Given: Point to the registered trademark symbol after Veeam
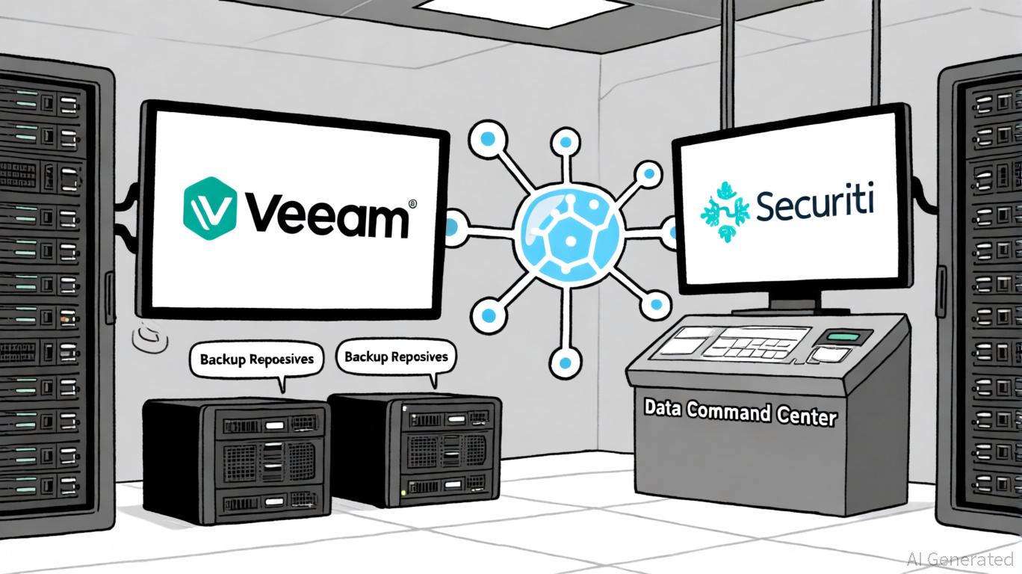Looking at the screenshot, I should coord(413,203).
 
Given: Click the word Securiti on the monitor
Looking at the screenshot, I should coord(814,203).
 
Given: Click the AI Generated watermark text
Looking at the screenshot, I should coord(960,558).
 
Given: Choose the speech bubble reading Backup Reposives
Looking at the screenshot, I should coord(396,357).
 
